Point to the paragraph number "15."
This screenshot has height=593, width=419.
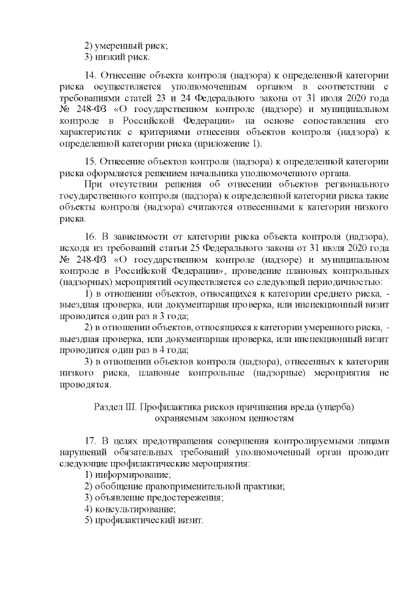coord(93,162)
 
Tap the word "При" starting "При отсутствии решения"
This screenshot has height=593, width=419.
coord(93,185)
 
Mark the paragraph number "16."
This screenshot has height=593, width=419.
coord(93,237)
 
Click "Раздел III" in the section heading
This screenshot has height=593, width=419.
coord(115,406)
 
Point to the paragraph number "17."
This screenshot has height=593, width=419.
coord(93,439)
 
